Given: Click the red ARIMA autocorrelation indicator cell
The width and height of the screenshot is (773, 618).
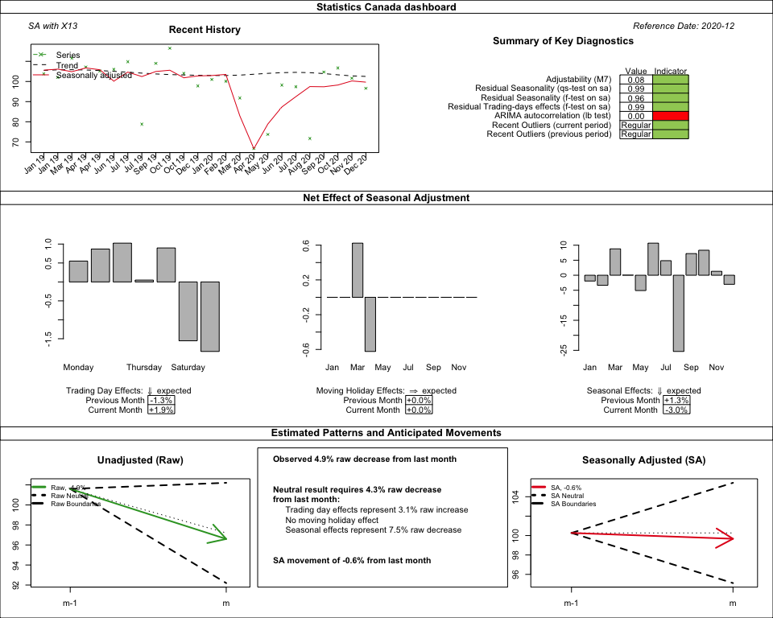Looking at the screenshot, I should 671,116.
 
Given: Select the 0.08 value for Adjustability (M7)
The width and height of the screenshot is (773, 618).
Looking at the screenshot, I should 636,80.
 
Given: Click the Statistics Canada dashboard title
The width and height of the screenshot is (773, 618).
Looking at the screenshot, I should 386,7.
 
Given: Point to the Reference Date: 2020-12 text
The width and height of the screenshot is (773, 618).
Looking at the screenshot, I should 684,27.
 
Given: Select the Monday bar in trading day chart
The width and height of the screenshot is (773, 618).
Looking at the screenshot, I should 78,271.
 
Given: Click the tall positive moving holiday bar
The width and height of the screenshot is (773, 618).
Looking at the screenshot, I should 358,270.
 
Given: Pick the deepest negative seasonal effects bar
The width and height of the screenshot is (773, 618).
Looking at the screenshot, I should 679,313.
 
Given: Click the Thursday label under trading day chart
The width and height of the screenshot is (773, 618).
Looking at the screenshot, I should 144,368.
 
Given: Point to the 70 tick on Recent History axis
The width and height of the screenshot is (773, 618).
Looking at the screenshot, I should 16,142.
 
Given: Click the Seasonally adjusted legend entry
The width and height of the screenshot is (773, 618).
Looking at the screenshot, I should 93,75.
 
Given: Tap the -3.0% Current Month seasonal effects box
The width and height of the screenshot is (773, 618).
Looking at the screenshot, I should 676,410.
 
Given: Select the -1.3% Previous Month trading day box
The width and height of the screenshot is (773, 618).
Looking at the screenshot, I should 161,400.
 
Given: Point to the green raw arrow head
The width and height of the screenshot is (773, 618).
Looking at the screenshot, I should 223,538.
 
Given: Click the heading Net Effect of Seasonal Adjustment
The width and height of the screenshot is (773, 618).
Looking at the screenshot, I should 386,197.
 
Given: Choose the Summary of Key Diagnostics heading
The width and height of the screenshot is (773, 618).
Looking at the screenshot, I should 563,41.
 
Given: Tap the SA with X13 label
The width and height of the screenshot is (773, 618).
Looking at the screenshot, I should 52,27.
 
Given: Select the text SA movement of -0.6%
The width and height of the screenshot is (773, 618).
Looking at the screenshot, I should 352,560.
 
